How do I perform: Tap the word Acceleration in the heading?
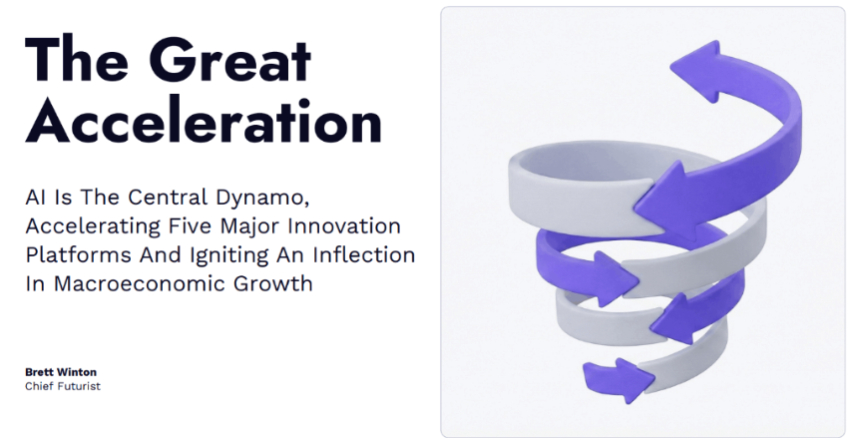coord(204,124)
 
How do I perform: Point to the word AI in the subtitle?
coord(36,197)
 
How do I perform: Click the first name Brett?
coord(40,372)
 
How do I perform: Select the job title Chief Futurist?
coord(63,386)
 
